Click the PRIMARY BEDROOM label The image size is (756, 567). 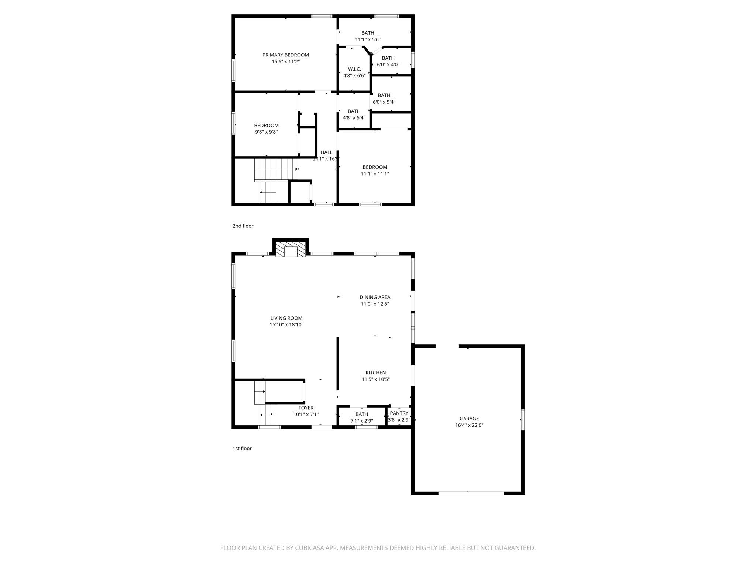285,55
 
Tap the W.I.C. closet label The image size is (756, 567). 354,69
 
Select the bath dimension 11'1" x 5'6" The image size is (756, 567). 368,40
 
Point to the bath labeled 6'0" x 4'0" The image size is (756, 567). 388,61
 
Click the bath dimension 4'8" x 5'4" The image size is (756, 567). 354,118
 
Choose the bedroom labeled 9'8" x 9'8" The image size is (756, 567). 266,128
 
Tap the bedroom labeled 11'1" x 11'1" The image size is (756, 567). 375,171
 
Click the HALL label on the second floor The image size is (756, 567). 326,152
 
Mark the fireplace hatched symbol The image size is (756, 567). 291,249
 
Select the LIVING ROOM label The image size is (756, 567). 286,318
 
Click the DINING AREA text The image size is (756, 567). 375,297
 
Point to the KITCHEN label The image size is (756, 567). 375,373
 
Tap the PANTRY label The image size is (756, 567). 399,413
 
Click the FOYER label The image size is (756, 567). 306,408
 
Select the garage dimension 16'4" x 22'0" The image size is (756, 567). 469,425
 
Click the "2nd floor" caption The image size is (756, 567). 243,226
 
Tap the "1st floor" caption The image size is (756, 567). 242,449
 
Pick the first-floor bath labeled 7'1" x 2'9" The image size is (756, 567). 361,417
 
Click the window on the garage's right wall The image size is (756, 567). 522,420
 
